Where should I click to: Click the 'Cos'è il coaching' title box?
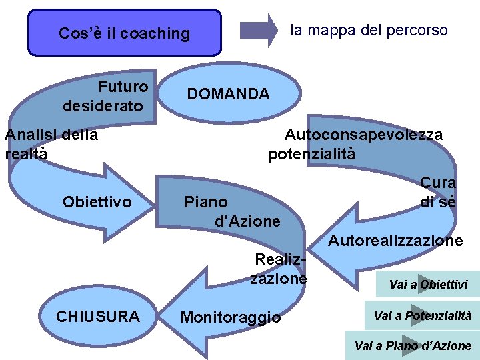tap(124, 33)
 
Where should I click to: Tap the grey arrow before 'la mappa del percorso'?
tap(259, 31)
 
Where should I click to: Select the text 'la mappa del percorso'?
tap(369, 30)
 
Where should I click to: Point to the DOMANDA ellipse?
tap(228, 95)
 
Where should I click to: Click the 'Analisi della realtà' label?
tap(51, 144)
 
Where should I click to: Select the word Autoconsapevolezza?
tap(363, 135)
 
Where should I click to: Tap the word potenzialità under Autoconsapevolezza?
tap(312, 154)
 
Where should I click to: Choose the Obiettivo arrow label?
tap(97, 201)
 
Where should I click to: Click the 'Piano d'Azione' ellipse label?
tap(232, 211)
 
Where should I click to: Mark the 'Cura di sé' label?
tap(438, 192)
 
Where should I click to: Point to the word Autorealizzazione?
tap(395, 241)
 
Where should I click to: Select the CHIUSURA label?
tap(98, 316)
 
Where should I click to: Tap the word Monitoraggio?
tap(231, 317)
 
